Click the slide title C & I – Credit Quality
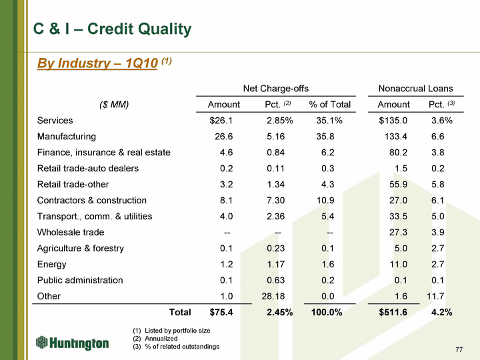112,29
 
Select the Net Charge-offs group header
275,89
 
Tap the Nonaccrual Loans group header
415,89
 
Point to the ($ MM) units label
113,105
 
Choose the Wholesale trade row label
71,233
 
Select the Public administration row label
80,281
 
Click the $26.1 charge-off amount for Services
221,121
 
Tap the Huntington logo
72,343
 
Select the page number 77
458,349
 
